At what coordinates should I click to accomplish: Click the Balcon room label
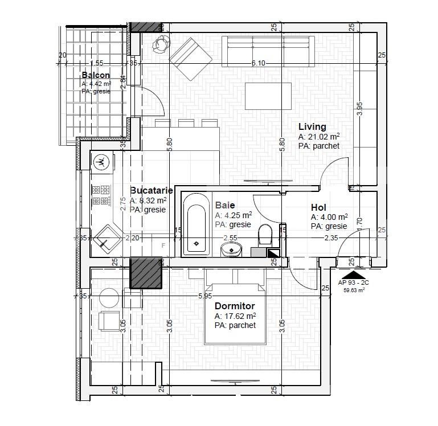(x=96, y=75)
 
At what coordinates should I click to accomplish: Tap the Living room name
(x=312, y=126)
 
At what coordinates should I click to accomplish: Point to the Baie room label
(x=225, y=205)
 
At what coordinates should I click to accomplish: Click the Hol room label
(x=318, y=207)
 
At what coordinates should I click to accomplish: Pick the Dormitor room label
(x=235, y=306)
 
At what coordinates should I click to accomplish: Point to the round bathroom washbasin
(x=231, y=249)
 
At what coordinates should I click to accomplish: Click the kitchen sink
(x=106, y=239)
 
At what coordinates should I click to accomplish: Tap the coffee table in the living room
(x=268, y=96)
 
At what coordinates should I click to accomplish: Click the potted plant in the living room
(x=161, y=44)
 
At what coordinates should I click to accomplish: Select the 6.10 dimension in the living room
(x=258, y=63)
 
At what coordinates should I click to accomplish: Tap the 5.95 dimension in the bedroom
(x=206, y=296)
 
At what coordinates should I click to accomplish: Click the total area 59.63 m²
(x=354, y=290)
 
